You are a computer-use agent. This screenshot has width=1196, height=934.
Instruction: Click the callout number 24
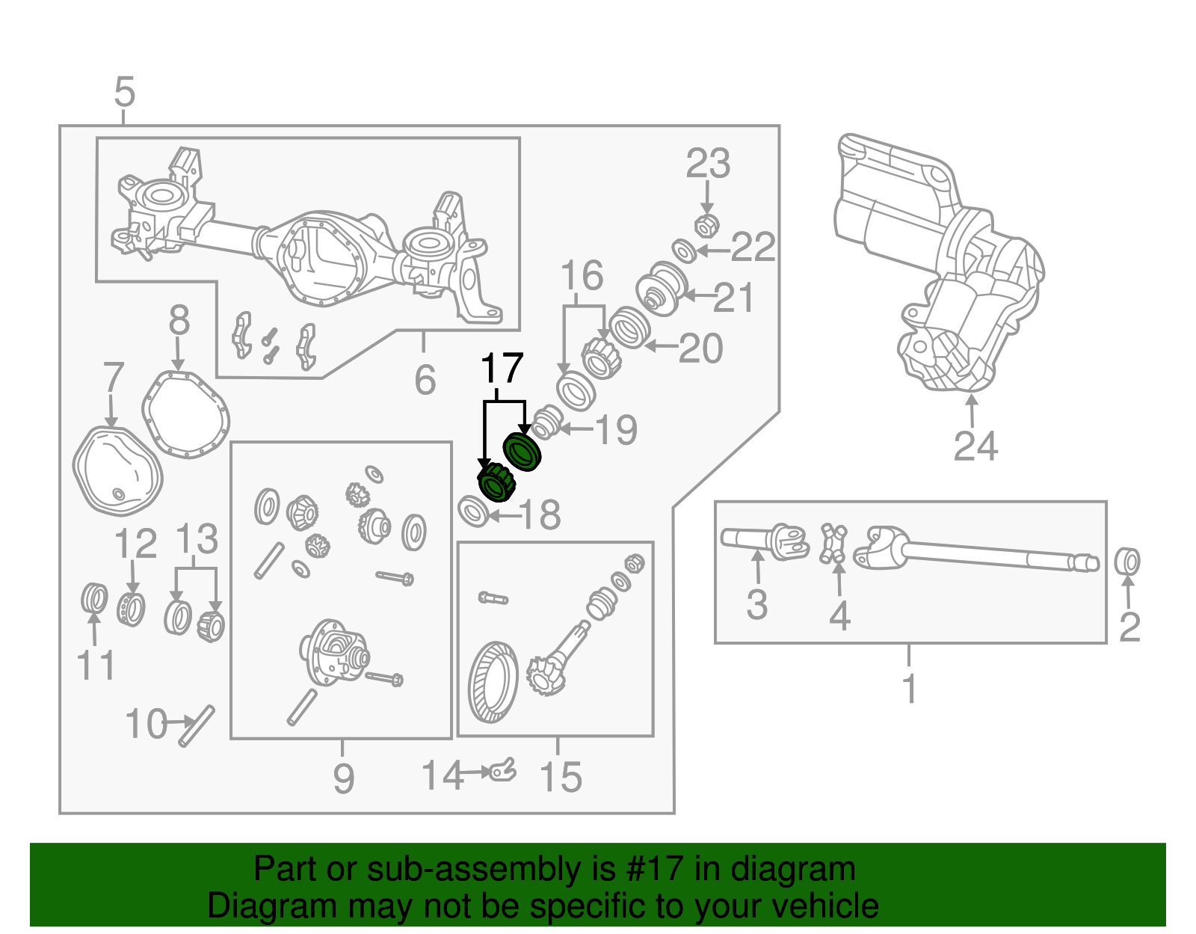click(975, 446)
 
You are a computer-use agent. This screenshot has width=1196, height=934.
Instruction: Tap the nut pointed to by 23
click(706, 224)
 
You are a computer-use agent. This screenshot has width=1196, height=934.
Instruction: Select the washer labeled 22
click(684, 251)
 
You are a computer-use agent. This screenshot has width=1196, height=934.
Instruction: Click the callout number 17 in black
click(502, 369)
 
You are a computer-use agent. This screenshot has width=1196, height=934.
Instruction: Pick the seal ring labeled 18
click(473, 511)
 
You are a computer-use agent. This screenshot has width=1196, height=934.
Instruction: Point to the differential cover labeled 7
click(117, 471)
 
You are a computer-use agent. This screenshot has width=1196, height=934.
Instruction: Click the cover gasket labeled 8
click(185, 415)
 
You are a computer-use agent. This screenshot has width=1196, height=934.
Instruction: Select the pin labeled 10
click(197, 725)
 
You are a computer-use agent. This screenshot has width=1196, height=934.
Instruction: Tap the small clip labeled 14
click(503, 769)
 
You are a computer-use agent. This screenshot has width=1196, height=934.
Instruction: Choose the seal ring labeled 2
click(1127, 562)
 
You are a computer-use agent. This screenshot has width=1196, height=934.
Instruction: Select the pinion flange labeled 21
click(662, 289)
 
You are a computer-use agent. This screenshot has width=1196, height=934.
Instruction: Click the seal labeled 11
click(94, 597)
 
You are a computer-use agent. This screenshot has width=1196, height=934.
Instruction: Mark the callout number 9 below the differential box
click(343, 778)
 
